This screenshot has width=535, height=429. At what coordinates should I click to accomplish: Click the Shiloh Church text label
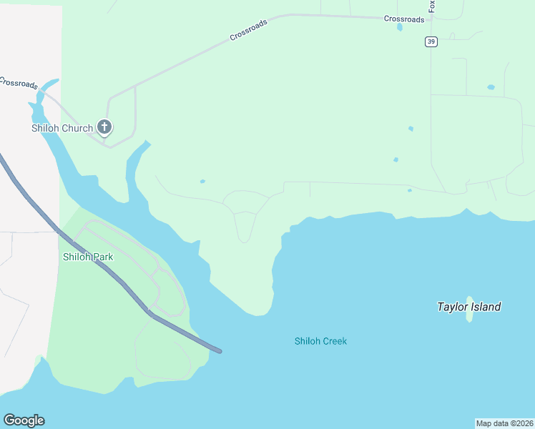[62, 129]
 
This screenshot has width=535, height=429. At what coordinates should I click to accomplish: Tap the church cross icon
[104, 128]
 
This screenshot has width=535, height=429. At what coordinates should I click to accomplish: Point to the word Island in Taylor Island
[486, 307]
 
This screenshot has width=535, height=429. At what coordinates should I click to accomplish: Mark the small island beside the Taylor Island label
[470, 309]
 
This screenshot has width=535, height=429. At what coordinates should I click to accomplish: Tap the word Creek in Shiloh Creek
[335, 341]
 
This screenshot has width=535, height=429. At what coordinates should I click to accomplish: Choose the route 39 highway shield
[431, 41]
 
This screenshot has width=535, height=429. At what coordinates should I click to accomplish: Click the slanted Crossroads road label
[249, 30]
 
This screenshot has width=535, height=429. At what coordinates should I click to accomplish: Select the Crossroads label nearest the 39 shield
[404, 19]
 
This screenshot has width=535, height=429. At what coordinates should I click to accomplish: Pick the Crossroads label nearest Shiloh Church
[18, 83]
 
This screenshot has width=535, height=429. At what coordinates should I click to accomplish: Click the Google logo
[24, 420]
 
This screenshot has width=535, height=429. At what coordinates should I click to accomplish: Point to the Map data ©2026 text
[505, 423]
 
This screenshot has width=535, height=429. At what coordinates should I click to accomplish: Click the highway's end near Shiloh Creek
[219, 350]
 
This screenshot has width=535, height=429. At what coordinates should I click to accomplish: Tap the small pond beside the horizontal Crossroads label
[400, 28]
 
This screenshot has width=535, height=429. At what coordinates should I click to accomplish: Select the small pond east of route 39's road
[491, 87]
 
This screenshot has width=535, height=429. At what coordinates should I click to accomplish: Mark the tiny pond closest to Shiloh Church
[202, 182]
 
